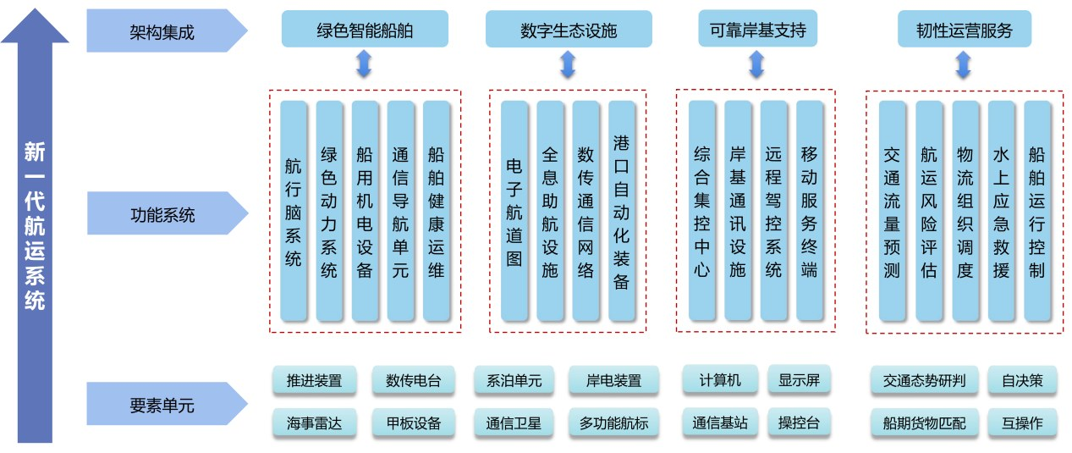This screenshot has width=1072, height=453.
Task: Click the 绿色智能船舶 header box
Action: click(364, 31)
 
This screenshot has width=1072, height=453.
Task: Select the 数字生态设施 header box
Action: click(568, 31)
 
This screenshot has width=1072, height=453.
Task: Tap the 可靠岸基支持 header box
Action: click(757, 31)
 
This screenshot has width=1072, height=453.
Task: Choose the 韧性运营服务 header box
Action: click(964, 31)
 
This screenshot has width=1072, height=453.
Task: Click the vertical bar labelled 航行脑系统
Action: click(293, 212)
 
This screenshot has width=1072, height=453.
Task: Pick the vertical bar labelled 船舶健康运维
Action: click(436, 212)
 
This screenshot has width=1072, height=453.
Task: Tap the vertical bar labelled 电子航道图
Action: click(514, 212)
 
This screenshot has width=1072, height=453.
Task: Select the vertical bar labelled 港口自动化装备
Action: click(621, 212)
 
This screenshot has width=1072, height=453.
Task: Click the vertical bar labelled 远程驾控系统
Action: click(773, 212)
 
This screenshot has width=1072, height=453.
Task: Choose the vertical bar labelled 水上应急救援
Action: click(1001, 212)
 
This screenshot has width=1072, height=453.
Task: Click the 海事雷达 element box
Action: click(314, 423)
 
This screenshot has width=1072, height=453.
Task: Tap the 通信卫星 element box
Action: click(514, 423)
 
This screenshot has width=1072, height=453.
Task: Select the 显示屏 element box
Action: click(799, 380)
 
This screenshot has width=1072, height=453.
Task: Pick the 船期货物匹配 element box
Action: click(924, 423)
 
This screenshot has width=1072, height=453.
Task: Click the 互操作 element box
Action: click(1021, 423)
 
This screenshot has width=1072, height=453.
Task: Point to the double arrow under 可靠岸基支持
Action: click(757, 64)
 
